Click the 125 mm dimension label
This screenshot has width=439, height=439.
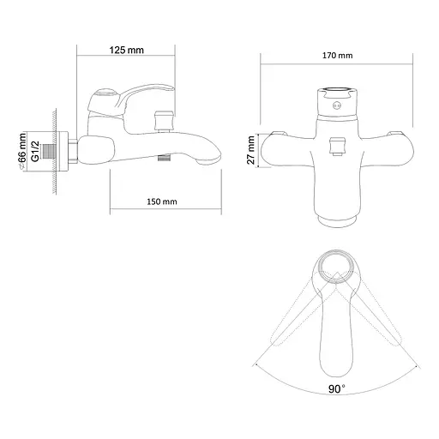(x=128, y=50)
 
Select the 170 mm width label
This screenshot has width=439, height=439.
(x=336, y=56)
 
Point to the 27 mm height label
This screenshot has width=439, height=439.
(x=250, y=147)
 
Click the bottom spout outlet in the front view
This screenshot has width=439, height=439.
(x=335, y=221)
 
